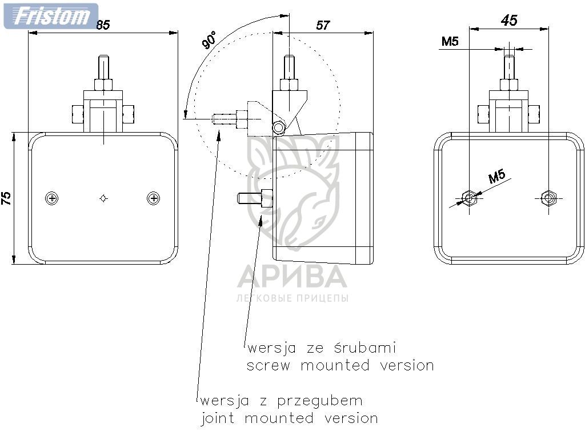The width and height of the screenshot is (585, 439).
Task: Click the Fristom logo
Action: pos(50,15)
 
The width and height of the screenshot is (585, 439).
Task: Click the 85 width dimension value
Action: pos(103,25)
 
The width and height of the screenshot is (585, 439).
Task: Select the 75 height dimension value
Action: pos(6,198)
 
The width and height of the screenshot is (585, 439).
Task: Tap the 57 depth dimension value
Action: pos(323,25)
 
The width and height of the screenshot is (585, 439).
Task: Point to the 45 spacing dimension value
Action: pos(509,21)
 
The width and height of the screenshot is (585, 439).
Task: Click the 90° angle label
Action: pos(209,42)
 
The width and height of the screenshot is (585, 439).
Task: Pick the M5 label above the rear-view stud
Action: pos(450,41)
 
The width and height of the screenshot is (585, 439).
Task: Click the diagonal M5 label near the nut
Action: pos(498,177)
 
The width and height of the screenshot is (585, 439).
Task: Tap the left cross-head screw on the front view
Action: pos(53,198)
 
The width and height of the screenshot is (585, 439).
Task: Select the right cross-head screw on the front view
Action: pos(153,198)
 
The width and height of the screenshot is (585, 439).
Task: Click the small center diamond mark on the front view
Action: pos(103,198)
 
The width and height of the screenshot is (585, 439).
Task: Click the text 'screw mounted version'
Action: pos(340,365)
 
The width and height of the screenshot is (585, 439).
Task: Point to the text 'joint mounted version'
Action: pos(289,418)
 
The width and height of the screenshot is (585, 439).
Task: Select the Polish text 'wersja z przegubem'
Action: pos(281,400)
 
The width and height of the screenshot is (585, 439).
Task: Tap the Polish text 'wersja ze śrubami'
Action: pos(321,348)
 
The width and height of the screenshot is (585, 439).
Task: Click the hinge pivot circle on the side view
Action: pos(279,127)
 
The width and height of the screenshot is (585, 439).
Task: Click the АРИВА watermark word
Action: pos(292,277)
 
